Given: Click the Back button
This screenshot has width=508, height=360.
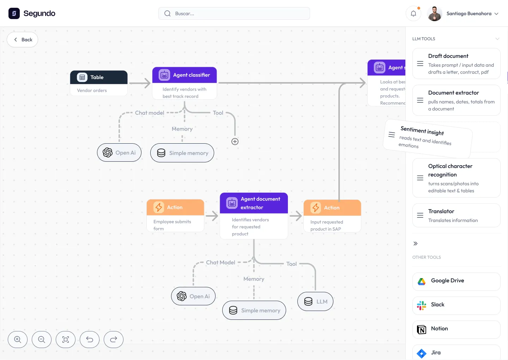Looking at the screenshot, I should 23,40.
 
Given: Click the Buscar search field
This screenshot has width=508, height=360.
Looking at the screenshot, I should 234,13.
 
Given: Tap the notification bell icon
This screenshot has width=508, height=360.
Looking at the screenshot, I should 413,13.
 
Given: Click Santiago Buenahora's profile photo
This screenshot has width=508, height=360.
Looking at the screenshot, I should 435,13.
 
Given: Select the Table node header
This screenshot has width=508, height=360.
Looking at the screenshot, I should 99,77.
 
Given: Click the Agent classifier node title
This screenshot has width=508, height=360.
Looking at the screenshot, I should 191,75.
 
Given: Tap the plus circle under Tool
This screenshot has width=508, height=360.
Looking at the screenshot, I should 235,142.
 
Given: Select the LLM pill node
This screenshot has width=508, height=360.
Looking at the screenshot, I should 315,301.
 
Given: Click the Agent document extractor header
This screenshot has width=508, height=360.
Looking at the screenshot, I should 254,203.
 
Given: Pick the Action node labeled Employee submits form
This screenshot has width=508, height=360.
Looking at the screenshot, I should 175,215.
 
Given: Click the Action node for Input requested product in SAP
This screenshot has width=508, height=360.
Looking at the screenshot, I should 332,216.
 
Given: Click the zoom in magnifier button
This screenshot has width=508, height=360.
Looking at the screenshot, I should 18,340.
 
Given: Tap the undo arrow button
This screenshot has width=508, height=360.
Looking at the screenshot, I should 90,340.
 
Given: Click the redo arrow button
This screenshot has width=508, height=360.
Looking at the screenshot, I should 114,340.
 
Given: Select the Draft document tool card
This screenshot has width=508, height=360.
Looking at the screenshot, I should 456,64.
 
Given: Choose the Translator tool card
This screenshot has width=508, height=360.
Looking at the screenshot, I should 456,215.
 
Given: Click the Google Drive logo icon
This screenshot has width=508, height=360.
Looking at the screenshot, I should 422,281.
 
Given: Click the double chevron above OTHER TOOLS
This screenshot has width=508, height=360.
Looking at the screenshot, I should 416,244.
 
